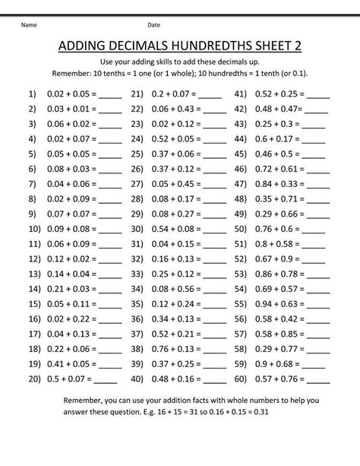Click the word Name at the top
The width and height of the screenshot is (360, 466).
pos(29,25)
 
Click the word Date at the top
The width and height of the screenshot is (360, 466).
pos(153,25)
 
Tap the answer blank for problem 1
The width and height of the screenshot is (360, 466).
pos(109,96)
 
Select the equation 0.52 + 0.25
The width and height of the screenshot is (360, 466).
pos(277,96)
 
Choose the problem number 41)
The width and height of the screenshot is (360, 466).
pos(242,96)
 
